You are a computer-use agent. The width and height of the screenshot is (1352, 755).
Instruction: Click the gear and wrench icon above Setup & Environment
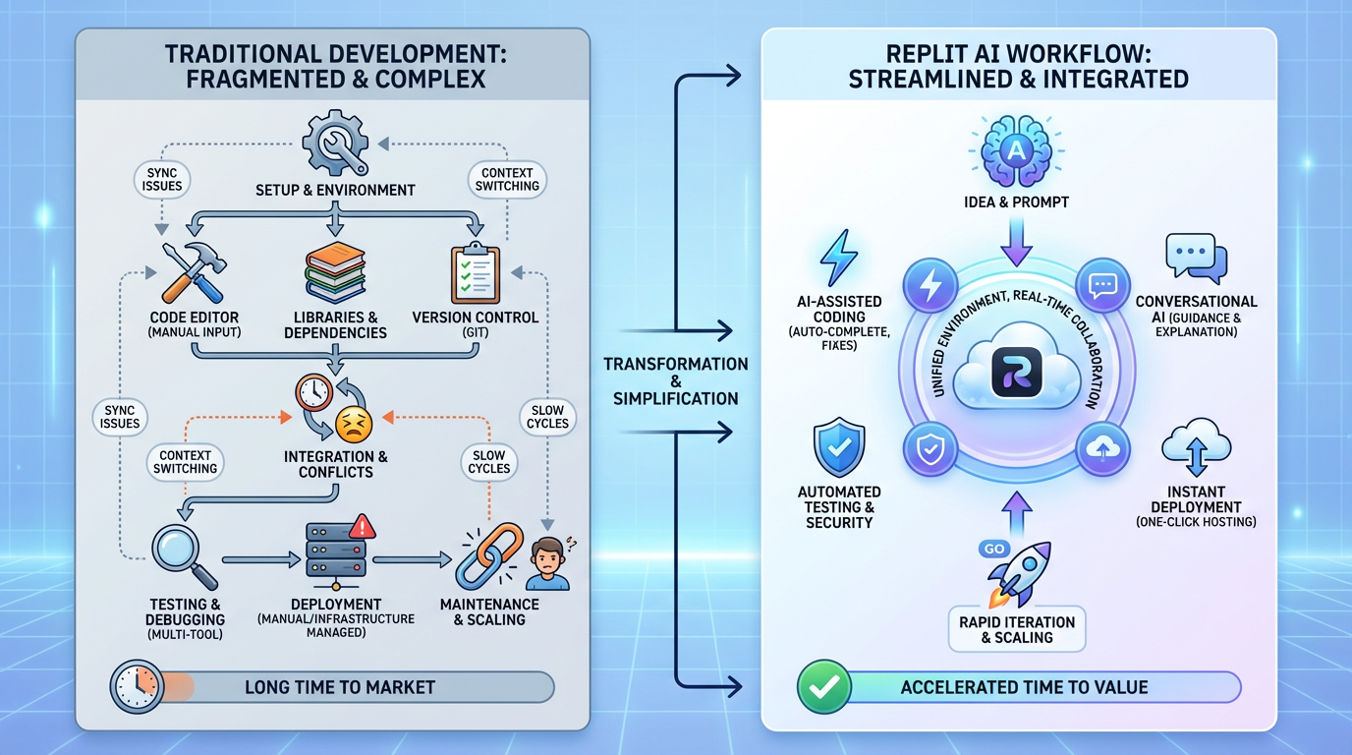click(336, 145)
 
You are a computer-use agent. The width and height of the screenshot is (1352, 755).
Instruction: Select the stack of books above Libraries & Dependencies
click(335, 272)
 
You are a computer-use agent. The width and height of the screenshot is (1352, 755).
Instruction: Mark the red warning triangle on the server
click(363, 527)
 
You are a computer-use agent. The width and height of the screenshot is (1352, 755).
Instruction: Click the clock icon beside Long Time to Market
click(138, 686)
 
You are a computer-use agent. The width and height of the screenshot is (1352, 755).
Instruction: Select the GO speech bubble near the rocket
click(993, 549)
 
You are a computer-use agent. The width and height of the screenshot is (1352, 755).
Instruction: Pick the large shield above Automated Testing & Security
click(839, 447)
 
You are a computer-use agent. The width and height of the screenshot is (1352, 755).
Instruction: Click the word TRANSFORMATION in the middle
click(675, 364)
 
